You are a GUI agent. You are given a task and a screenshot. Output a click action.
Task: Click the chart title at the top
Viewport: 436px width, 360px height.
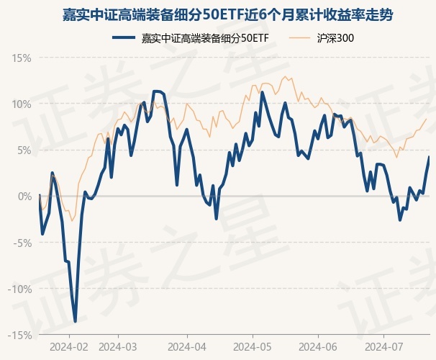click(218, 14)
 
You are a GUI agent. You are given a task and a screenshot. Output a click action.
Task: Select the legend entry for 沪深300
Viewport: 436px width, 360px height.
click(335, 37)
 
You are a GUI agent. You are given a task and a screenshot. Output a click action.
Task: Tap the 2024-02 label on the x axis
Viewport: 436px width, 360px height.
click(69, 346)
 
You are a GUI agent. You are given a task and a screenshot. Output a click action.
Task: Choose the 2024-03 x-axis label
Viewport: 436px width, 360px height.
click(118, 346)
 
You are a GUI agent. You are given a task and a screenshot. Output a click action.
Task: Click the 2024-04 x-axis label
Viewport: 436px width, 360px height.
click(187, 346)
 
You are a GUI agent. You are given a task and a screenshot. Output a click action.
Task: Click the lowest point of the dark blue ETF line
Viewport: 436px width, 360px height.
click(75, 321)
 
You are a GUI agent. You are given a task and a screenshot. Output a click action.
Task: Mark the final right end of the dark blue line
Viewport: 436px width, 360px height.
click(430, 156)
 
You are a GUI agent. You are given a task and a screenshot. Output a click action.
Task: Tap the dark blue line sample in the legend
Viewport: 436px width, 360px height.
click(125, 37)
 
